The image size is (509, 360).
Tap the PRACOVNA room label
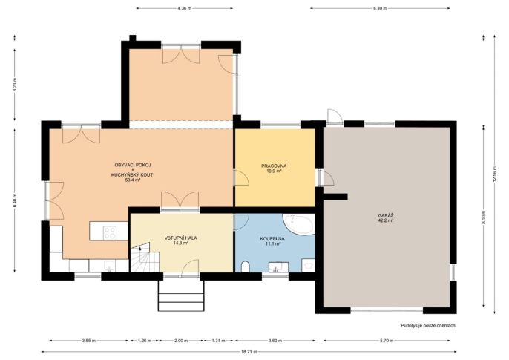pyautogui.click(x=274, y=166)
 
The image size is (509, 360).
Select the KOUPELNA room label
pyautogui.click(x=272, y=238)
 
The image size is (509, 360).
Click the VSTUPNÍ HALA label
pyautogui.click(x=181, y=238)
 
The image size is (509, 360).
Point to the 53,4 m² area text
pyautogui.click(x=133, y=180)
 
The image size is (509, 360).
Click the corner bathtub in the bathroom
pyautogui.click(x=299, y=224)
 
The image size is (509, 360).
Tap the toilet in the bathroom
pyautogui.click(x=246, y=266)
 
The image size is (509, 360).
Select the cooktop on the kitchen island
pyautogui.click(x=110, y=232)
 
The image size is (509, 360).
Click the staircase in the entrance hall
pyautogui.click(x=145, y=257)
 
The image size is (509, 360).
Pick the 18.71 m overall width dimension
pyautogui.click(x=249, y=352)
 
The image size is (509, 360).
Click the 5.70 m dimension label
pyautogui.click(x=387, y=341)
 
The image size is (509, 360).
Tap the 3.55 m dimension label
pyautogui.click(x=89, y=341)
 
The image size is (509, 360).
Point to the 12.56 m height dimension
pyautogui.click(x=495, y=174)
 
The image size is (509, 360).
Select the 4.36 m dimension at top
pyautogui.click(x=184, y=8)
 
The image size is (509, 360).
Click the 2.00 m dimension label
pyautogui.click(x=181, y=341)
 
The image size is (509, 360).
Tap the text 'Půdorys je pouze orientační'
pyautogui.click(x=429, y=325)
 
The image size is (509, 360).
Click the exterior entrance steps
pyautogui.click(x=181, y=295)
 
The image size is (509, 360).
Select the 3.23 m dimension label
pyautogui.click(x=15, y=85)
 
